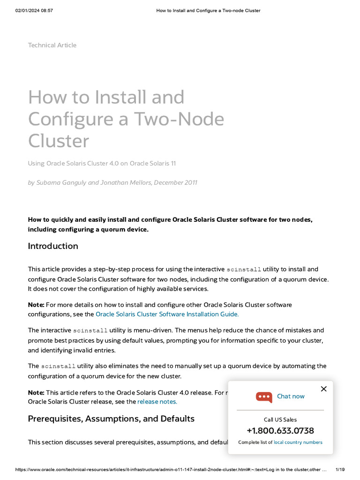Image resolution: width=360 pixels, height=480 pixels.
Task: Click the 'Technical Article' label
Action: click(x=52, y=45)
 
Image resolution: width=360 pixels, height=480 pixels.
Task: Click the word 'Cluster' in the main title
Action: click(x=59, y=141)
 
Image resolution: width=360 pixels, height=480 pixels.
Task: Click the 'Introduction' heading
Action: click(x=53, y=246)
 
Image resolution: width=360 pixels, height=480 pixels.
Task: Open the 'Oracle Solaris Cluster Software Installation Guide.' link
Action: click(x=167, y=314)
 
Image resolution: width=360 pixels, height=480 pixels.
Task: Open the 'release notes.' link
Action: click(x=157, y=402)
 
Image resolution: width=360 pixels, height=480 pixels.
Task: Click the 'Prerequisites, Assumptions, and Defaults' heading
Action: click(x=111, y=419)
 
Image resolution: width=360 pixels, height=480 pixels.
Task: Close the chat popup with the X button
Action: click(x=323, y=389)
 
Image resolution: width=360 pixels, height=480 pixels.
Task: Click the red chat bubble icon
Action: click(x=264, y=397)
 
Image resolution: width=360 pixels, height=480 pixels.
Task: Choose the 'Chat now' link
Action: click(x=291, y=397)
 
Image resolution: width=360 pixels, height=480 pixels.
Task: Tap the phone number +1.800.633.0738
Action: click(x=280, y=431)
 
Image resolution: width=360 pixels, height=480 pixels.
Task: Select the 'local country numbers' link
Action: click(x=298, y=442)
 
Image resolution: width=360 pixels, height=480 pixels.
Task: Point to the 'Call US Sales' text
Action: click(x=280, y=420)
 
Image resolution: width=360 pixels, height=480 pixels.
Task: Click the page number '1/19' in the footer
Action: click(x=341, y=470)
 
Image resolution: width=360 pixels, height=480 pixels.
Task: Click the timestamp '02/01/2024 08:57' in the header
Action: click(x=34, y=10)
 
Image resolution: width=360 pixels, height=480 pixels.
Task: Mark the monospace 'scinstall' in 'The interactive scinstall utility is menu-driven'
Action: click(x=90, y=330)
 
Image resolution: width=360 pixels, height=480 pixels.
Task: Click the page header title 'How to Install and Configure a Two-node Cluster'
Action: click(x=208, y=10)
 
